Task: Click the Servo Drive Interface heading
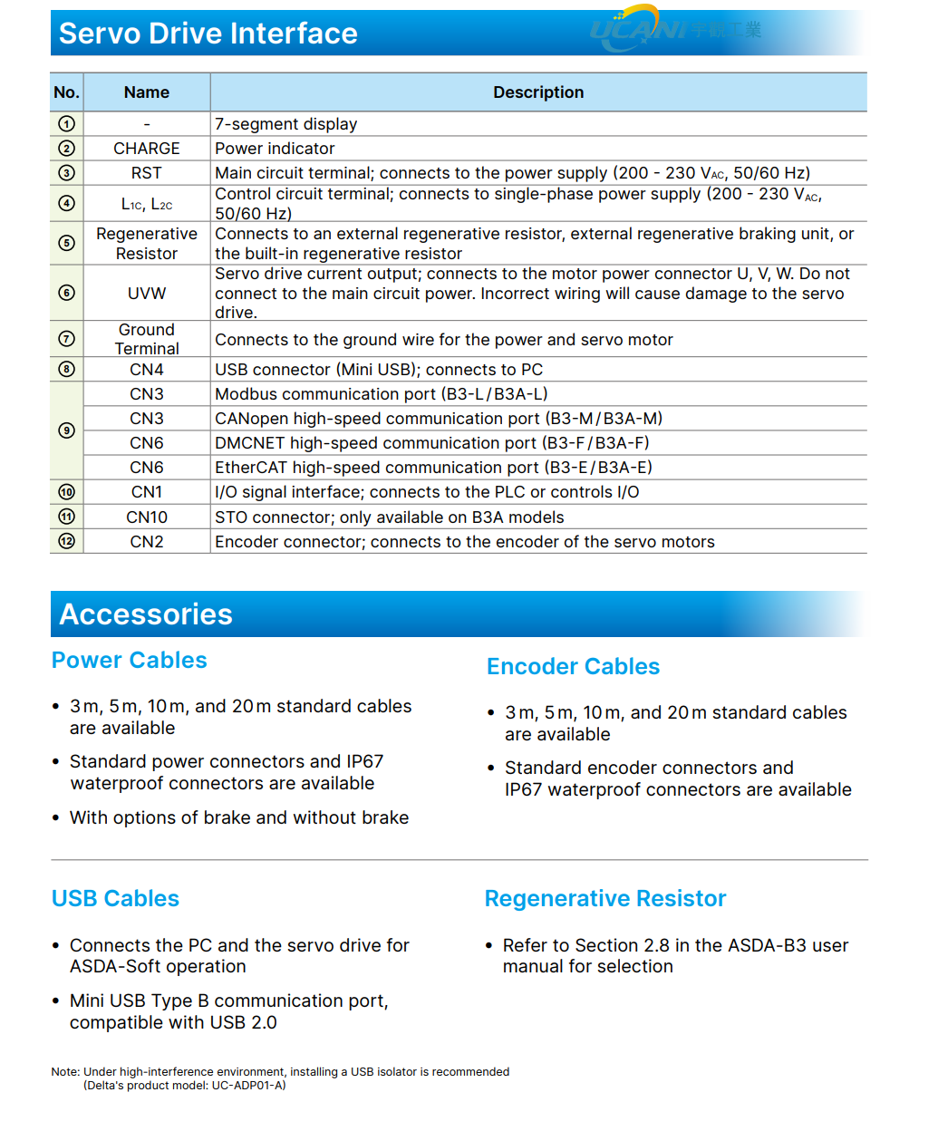point(208,34)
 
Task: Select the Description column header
point(538,92)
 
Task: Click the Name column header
point(147,92)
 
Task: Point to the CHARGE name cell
point(147,149)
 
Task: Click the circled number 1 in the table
point(66,124)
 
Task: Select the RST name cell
point(147,173)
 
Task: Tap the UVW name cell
point(147,294)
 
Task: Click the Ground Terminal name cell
point(147,339)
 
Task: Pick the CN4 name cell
point(147,370)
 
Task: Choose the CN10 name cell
point(147,517)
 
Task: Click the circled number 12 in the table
point(66,542)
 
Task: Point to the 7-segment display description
point(286,124)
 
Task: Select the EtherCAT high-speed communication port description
point(433,468)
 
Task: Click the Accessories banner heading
point(146,614)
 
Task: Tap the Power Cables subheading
point(130,661)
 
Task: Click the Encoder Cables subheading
point(573,667)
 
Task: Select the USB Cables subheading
point(116,899)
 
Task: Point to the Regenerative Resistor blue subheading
point(605,899)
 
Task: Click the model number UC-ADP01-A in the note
point(247,1086)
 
